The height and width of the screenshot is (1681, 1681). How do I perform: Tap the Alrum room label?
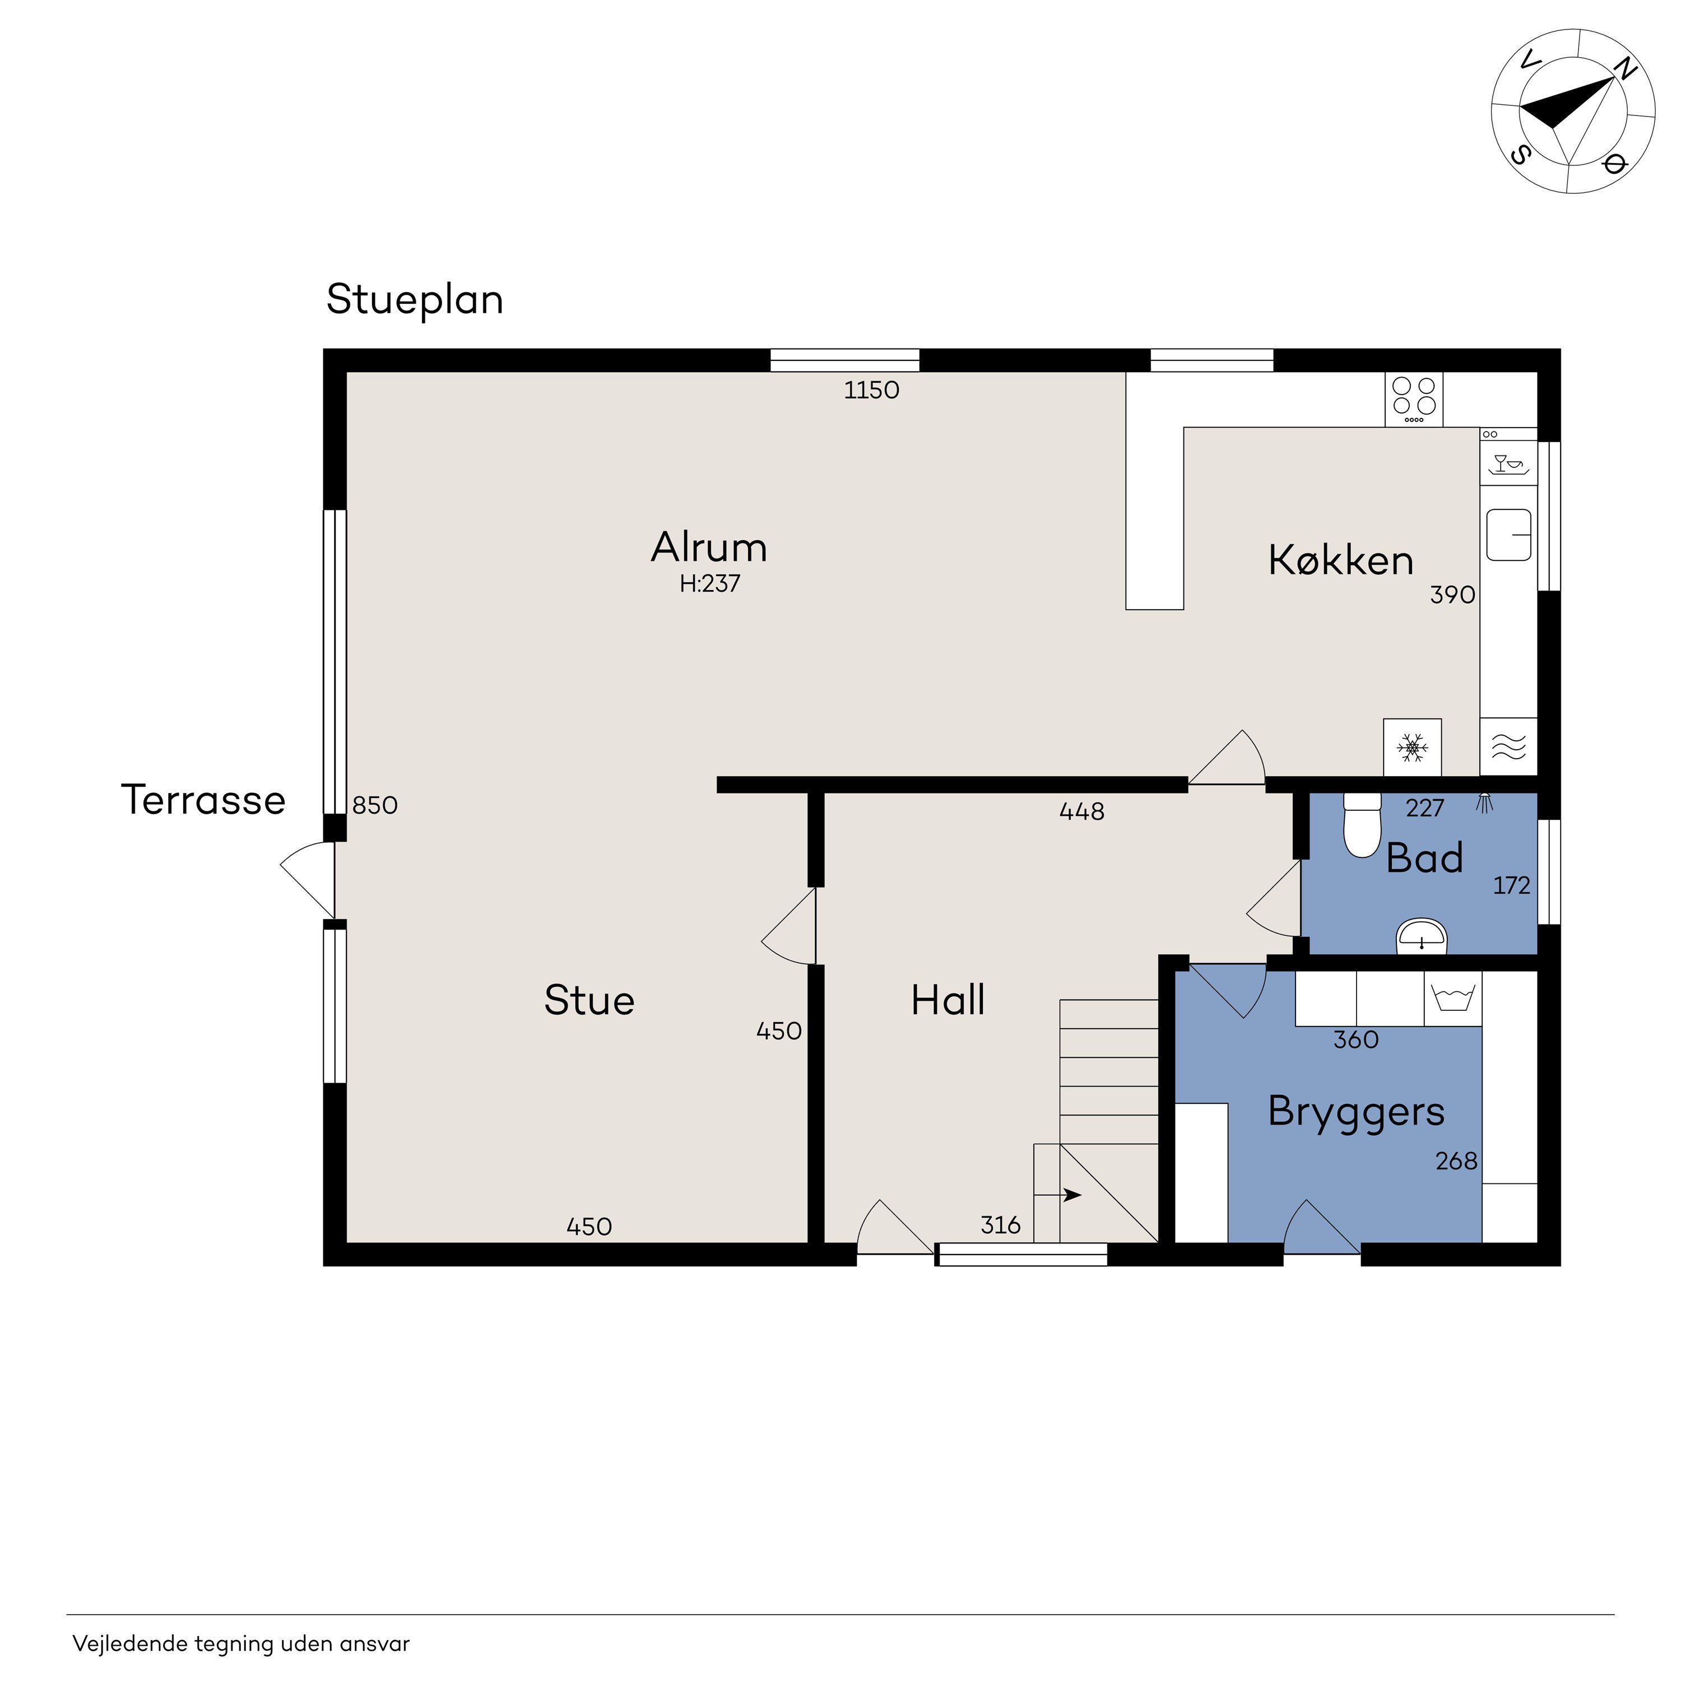pyautogui.click(x=709, y=548)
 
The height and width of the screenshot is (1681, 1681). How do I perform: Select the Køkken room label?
pyautogui.click(x=1341, y=560)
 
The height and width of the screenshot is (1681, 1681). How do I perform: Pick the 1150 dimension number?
pyautogui.click(x=872, y=391)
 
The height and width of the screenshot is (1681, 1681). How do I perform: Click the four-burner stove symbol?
pyautogui.click(x=1414, y=400)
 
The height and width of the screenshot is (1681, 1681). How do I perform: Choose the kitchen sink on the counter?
pyautogui.click(x=1509, y=534)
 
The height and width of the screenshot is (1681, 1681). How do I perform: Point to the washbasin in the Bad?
pyautogui.click(x=1422, y=937)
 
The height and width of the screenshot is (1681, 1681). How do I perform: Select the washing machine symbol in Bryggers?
pyautogui.click(x=1453, y=998)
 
